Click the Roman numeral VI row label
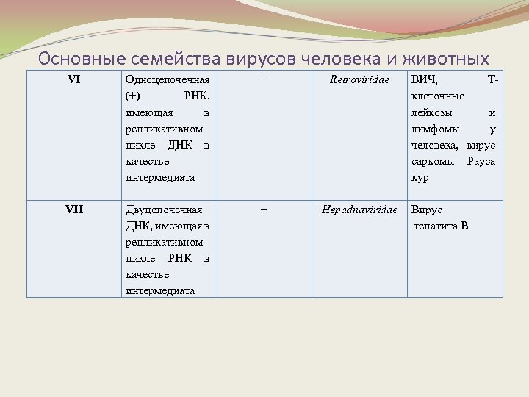(x=73, y=80)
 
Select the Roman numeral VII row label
(x=73, y=210)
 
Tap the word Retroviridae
(x=359, y=80)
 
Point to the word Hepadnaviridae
(x=359, y=210)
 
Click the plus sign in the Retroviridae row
(x=264, y=79)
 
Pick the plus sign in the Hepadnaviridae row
(x=264, y=210)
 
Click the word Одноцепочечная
(x=168, y=80)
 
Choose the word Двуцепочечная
(x=164, y=210)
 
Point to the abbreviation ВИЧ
(x=424, y=80)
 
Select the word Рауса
(x=481, y=161)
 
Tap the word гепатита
(x=435, y=226)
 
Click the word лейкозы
(x=432, y=112)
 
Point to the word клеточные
(x=438, y=96)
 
